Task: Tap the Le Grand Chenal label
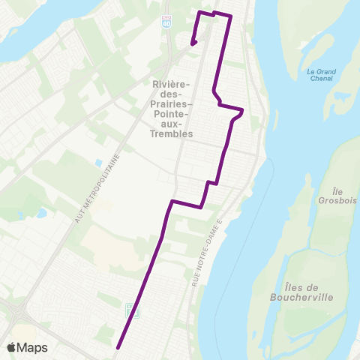320,76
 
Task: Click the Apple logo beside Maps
13,346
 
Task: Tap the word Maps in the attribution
34,347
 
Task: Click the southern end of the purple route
118,347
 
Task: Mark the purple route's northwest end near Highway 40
193,43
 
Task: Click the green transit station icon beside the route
130,310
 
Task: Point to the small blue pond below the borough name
99,162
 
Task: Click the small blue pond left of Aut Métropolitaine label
40,213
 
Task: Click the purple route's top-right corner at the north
229,16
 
